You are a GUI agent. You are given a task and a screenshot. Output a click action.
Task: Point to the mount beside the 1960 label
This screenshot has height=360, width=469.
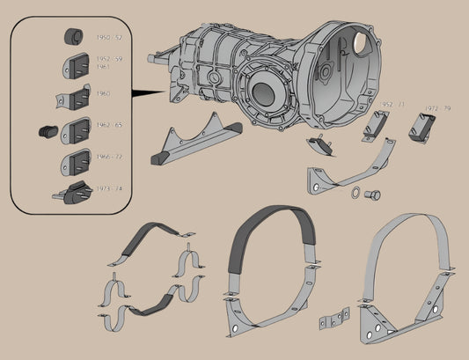tap(77, 97)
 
